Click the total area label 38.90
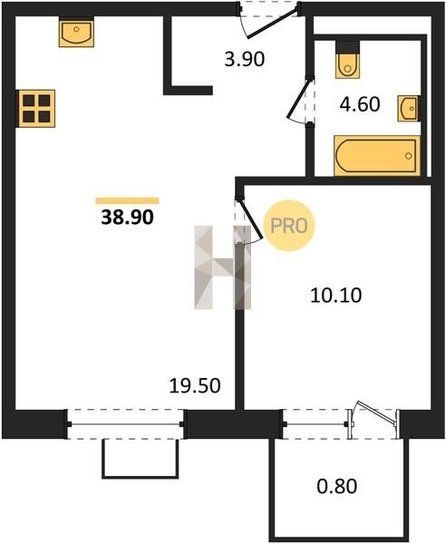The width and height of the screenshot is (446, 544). click(127, 218)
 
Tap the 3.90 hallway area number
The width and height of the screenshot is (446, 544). click(245, 59)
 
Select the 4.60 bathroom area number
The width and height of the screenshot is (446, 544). click(360, 104)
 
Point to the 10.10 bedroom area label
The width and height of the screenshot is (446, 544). click(335, 296)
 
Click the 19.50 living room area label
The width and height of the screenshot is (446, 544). click(195, 386)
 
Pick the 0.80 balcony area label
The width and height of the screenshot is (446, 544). click(336, 486)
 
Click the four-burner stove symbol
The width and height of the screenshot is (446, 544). click(36, 109)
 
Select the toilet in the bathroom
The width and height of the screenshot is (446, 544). click(347, 64)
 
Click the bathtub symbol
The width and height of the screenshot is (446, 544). click(376, 155)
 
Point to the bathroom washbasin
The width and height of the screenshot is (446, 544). click(408, 109)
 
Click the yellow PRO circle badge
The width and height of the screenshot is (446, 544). click(288, 226)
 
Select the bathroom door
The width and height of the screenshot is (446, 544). click(300, 100)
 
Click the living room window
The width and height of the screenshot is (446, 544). click(125, 424)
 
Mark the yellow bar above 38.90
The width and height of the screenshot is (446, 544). click(127, 201)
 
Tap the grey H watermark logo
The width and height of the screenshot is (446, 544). click(222, 267)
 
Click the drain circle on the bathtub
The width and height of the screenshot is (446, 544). click(409, 156)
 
